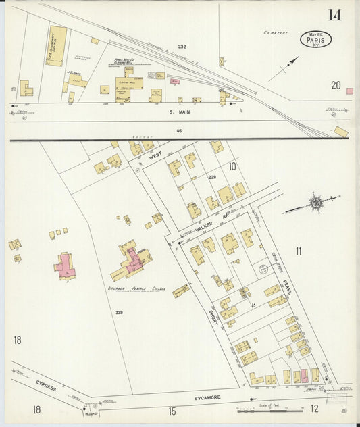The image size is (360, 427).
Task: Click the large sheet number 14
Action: coord(334,15)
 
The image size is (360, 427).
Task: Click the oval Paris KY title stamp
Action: coord(315,39)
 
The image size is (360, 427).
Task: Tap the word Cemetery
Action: coord(276,32)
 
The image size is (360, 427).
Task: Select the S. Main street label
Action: coord(180,111)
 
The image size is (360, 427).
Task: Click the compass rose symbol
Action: coord(315,203)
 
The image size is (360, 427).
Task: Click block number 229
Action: coord(119,312)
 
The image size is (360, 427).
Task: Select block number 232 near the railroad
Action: coord(182,46)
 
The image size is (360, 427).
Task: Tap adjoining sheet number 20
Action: coord(336,84)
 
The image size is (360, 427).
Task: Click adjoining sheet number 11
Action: coord(298,252)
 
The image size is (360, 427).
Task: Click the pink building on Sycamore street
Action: coord(304,376)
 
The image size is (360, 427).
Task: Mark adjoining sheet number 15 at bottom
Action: coord(172,410)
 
